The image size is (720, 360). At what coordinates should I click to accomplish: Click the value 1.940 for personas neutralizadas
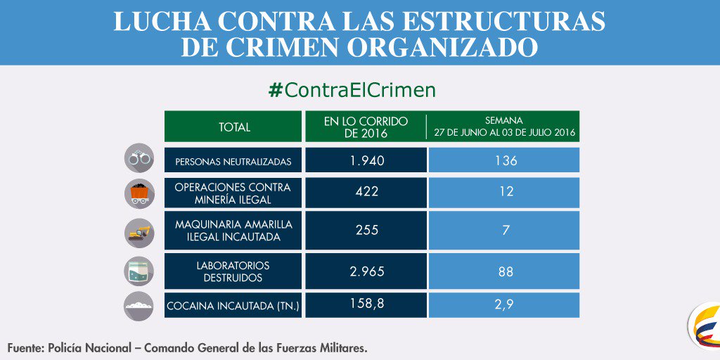[x=366, y=160]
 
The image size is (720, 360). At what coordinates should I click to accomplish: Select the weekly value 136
[x=506, y=160]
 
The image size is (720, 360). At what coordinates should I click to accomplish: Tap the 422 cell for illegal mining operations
[x=366, y=192]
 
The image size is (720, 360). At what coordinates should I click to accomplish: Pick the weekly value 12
[x=506, y=192]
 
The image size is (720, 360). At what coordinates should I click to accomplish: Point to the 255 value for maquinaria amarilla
[x=366, y=230]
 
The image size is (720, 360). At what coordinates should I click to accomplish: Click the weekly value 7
[x=506, y=230]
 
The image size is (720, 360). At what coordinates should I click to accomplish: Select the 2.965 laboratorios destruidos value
[x=366, y=271]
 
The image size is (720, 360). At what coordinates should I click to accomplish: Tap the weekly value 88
[x=506, y=271]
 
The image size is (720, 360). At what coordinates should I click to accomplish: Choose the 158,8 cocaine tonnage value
[x=366, y=304]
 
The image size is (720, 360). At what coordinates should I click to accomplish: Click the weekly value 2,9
[x=506, y=304]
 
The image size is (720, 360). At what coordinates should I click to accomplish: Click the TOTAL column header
[x=234, y=127]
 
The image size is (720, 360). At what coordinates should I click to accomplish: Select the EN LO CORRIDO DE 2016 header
[x=366, y=127]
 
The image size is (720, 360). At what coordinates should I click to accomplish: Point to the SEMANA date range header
[x=505, y=127]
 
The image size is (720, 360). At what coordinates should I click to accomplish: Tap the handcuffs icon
[x=139, y=159]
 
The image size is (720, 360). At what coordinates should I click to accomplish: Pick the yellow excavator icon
[x=139, y=232]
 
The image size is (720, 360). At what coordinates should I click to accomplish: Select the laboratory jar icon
[x=139, y=271]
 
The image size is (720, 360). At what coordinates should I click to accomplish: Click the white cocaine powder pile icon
[x=139, y=307]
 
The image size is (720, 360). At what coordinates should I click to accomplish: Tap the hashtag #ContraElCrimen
[x=352, y=90]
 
